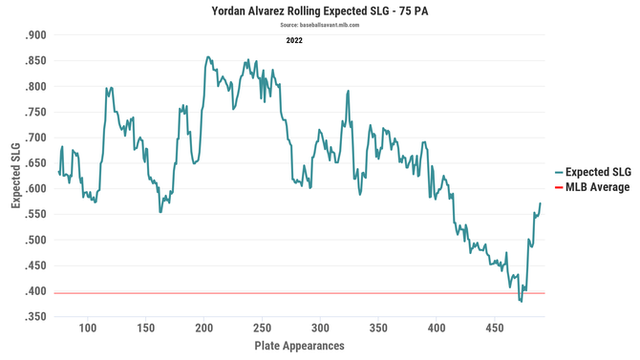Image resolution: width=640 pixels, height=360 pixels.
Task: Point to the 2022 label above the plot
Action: [295, 41]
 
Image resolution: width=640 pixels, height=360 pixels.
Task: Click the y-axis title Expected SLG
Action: [16, 177]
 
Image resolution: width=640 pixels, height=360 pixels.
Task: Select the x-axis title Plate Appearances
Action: [300, 346]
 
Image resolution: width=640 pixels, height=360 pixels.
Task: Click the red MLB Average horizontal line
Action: [287, 293]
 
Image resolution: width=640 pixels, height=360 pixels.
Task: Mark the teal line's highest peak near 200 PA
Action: [207, 57]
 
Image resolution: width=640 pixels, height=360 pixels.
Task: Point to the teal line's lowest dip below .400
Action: [521, 301]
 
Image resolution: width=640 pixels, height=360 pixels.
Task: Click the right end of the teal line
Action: [540, 203]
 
